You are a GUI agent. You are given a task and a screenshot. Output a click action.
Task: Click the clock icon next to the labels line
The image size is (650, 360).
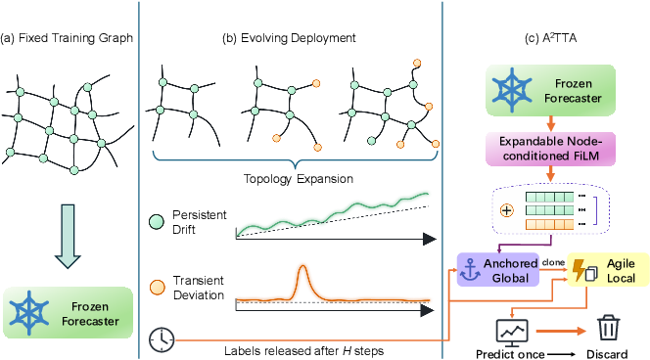162,340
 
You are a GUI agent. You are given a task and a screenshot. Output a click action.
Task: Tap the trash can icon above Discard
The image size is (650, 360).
608,329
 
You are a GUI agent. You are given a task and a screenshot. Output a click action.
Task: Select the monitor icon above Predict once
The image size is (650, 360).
512,333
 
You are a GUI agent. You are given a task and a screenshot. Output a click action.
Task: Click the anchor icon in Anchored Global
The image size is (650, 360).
471,270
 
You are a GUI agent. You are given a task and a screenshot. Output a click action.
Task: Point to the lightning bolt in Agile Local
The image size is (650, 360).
579,270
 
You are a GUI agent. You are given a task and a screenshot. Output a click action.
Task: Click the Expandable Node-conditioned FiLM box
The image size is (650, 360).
550,149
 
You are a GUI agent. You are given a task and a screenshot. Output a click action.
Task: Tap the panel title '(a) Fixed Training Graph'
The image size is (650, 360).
67,38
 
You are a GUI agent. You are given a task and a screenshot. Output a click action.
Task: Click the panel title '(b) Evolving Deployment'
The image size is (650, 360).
289,38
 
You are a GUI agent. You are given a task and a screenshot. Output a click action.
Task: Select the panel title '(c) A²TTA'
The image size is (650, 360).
550,38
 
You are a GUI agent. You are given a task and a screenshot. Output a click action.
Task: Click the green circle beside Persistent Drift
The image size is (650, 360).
157,222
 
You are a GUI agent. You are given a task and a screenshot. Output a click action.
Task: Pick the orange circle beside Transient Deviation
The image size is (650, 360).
157,287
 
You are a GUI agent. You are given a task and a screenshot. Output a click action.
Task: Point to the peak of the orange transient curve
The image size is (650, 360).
302,266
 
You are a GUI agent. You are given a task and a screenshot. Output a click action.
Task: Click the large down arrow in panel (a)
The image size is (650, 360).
68,236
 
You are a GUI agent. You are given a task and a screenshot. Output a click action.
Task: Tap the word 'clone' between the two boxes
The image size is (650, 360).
553,262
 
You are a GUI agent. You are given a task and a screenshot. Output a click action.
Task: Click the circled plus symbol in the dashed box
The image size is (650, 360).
506,210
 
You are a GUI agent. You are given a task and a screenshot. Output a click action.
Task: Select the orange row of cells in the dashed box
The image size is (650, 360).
550,225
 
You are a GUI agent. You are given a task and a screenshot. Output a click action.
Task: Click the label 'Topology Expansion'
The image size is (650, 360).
298,179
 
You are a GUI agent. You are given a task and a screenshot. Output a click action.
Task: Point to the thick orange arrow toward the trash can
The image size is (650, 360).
561,331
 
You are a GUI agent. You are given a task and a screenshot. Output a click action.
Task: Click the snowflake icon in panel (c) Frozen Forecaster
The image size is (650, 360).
512,90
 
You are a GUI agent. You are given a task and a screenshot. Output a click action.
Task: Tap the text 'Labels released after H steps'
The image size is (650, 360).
303,351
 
